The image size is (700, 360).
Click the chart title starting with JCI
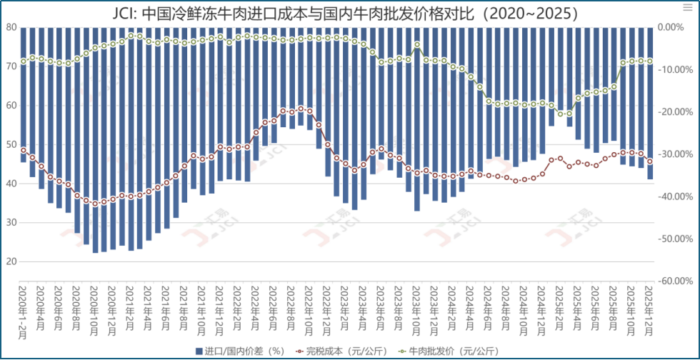(x=349, y=12)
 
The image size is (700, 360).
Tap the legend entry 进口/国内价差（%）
(x=239, y=350)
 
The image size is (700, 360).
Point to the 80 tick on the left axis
(x=11, y=27)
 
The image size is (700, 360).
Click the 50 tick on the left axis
(x=11, y=144)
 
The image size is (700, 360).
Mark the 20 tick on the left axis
(x=11, y=261)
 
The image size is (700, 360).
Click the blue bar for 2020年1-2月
(x=24, y=93)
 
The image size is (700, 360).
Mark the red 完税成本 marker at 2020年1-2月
(x=24, y=150)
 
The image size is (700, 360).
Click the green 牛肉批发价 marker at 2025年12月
(x=650, y=61)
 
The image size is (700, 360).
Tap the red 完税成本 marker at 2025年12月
(x=650, y=161)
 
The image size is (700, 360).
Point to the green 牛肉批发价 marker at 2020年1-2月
(x=24, y=61)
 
